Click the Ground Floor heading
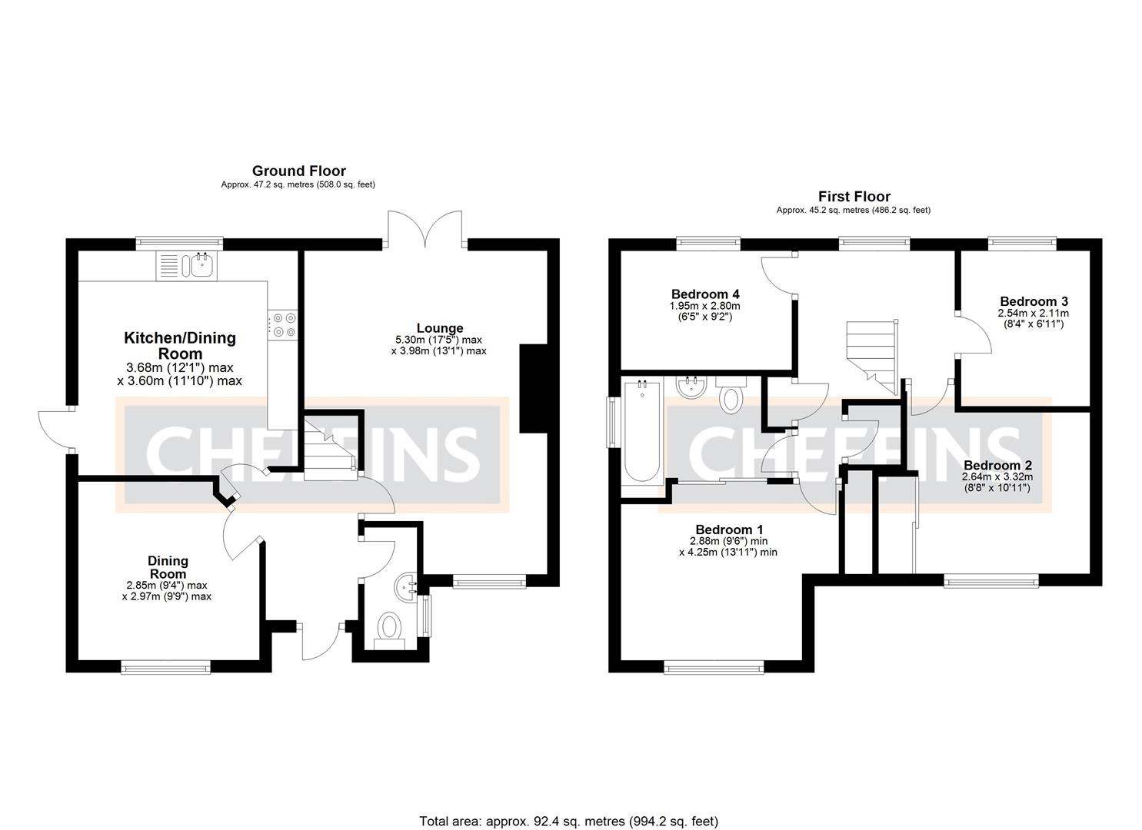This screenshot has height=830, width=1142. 298,171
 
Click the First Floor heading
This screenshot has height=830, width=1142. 854,196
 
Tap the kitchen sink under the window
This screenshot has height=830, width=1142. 202,265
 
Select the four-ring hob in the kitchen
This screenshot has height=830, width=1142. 282,324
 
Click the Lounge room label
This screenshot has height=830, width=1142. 440,328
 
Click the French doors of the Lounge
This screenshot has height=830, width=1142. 425,229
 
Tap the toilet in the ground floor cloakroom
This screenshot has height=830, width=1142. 390,629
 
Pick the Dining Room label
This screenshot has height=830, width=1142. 168,567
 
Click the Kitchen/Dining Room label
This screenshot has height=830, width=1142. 180,345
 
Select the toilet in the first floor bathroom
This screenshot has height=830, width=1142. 731,395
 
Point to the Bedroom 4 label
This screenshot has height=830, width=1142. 705,294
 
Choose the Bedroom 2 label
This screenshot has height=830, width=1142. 997,465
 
